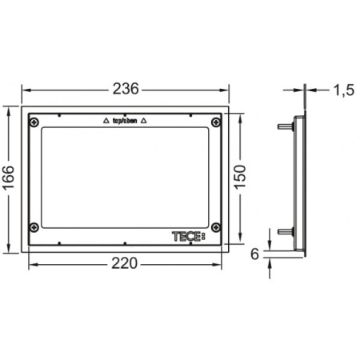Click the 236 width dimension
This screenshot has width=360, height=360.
(126, 89)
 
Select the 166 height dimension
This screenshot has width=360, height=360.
(9, 178)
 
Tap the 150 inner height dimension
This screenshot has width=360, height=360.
(240, 177)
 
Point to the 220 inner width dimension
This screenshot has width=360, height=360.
(124, 263)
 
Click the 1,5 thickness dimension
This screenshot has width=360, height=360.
(344, 90)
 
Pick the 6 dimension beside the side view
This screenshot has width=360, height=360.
(254, 254)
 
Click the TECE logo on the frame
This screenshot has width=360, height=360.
(189, 236)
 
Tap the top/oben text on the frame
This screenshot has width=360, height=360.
(125, 121)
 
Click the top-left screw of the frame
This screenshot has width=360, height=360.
(34, 122)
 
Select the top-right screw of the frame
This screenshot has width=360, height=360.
(216, 122)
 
